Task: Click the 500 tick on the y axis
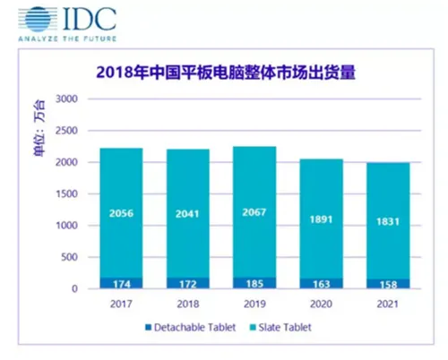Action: tap(70, 258)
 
